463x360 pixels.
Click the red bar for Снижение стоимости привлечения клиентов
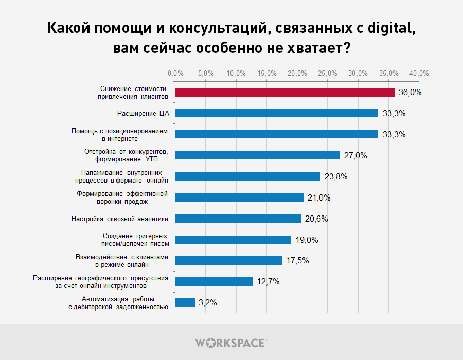[285, 92]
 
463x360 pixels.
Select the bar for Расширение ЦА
[277, 113]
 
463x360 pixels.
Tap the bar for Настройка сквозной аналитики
[238, 219]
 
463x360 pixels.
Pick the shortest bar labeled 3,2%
[185, 302]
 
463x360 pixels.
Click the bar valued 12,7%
[214, 281]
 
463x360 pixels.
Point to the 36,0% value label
[410, 93]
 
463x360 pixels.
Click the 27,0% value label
[355, 156]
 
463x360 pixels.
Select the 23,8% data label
[336, 177]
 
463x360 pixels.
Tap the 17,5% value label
[297, 261]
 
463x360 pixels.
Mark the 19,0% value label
[307, 240]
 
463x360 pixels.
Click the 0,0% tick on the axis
[175, 73]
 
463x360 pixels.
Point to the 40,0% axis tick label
[419, 73]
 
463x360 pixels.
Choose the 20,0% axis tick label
[297, 73]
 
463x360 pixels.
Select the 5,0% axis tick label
[206, 73]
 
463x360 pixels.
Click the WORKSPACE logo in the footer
[231, 342]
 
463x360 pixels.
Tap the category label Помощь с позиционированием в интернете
[119, 135]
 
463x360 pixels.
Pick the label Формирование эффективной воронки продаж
[122, 197]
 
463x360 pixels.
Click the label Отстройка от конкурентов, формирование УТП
[126, 155]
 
